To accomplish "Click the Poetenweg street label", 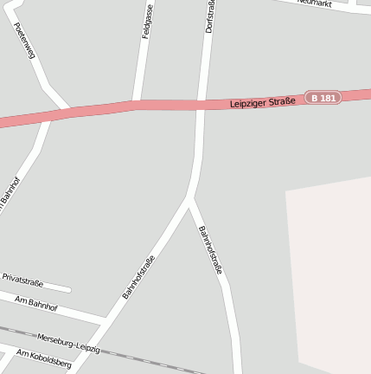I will [26, 41].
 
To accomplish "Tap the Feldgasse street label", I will [147, 21].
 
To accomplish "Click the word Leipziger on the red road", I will [250, 103].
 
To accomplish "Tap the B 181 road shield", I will [323, 98].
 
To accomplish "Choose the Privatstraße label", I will [22, 280].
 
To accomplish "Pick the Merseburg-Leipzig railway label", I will [69, 342].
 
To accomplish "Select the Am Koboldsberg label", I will [43, 358].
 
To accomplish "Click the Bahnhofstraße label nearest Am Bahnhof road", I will [138, 277].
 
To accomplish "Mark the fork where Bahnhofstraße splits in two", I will [189, 200].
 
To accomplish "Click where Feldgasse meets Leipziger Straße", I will [136, 105].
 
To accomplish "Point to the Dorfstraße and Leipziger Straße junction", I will [201, 105].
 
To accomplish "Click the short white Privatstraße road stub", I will [57, 287].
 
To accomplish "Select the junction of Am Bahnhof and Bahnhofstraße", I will [101, 321].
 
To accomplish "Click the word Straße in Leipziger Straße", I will [281, 100].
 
